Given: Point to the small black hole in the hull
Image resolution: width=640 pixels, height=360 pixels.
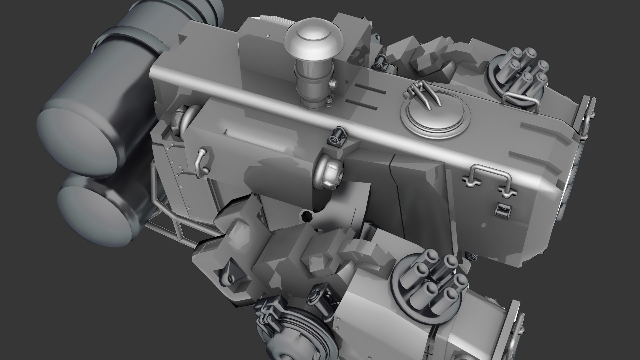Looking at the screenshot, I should [x=306, y=217].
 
